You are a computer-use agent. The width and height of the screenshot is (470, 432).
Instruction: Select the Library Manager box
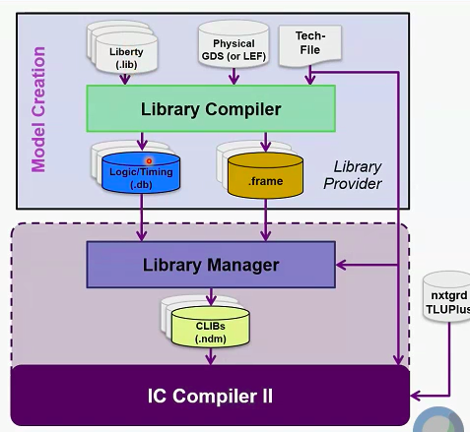(x=211, y=265)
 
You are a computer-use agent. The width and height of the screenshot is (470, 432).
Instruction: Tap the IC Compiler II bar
(x=210, y=398)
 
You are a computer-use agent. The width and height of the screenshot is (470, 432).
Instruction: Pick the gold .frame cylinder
(x=264, y=174)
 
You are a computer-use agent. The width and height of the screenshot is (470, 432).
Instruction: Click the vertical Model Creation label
(x=39, y=107)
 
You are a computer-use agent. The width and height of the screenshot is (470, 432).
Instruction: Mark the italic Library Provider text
(x=357, y=175)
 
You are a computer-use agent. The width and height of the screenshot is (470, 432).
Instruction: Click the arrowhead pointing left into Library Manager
(x=341, y=265)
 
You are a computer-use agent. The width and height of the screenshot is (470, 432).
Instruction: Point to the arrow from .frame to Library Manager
(x=264, y=218)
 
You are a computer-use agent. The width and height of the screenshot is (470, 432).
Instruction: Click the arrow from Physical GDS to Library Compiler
(x=235, y=78)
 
